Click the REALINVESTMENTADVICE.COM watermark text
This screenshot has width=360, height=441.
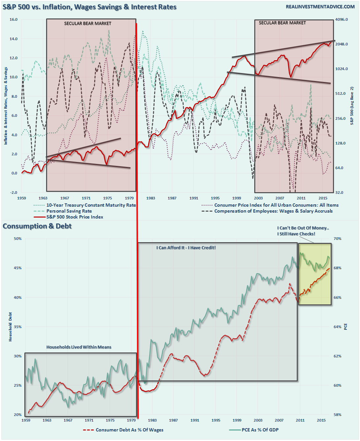click(x=320, y=7)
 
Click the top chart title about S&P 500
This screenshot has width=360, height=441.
click(x=90, y=7)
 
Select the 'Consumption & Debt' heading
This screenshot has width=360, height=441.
click(x=37, y=226)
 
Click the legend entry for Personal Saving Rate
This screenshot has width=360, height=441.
click(x=69, y=211)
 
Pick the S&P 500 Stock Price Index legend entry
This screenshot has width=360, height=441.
click(x=74, y=217)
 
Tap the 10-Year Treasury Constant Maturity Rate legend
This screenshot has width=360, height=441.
click(x=91, y=205)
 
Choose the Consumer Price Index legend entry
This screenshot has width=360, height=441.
click(x=276, y=205)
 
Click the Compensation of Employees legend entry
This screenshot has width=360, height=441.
click(x=273, y=211)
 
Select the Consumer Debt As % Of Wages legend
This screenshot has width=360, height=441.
click(x=129, y=430)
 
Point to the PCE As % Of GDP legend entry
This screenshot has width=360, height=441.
click(x=260, y=430)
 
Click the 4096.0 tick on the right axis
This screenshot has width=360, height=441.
click(x=342, y=19)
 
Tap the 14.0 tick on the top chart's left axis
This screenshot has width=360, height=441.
click(x=14, y=39)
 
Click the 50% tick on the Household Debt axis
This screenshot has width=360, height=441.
click(x=18, y=239)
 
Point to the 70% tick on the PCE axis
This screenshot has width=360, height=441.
click(x=338, y=239)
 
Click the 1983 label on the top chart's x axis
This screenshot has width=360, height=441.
click(x=151, y=198)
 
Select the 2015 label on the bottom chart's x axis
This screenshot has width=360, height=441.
click(x=321, y=420)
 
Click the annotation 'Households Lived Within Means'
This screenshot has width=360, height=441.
click(x=79, y=347)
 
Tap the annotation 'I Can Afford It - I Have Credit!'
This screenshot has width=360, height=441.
click(x=186, y=248)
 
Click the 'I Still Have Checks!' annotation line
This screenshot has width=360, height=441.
click(x=296, y=234)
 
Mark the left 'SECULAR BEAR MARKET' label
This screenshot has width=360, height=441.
click(x=88, y=24)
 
